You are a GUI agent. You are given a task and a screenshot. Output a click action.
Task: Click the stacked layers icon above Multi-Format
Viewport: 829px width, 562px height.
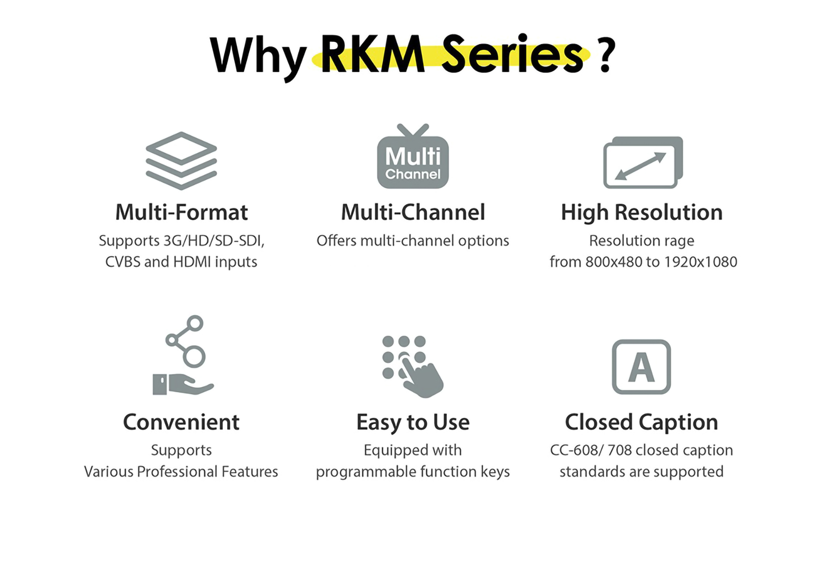click(x=181, y=161)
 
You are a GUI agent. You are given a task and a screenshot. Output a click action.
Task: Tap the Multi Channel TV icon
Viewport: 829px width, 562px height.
click(x=413, y=158)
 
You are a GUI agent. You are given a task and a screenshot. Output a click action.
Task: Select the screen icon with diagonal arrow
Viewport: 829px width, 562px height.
click(x=642, y=163)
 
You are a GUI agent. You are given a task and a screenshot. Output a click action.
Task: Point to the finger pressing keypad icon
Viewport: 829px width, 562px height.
click(x=413, y=366)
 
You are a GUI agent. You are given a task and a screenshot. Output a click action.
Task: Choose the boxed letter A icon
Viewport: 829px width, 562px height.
click(x=641, y=366)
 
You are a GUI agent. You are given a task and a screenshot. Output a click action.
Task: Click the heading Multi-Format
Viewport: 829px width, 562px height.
click(x=181, y=212)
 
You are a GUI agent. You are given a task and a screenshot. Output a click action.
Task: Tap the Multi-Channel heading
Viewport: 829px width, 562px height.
click(x=413, y=212)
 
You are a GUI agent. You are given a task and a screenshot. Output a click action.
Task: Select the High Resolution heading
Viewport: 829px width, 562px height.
click(x=642, y=212)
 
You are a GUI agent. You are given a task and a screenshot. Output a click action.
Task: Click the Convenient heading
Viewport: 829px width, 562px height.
click(x=181, y=422)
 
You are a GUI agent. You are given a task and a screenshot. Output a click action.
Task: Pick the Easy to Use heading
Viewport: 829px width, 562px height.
click(x=413, y=422)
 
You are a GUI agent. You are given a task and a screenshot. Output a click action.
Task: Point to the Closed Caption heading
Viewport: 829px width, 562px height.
click(x=641, y=422)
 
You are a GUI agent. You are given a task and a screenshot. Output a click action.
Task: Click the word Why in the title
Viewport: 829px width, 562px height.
click(x=257, y=56)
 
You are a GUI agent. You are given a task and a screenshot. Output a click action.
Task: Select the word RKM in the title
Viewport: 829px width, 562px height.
click(x=373, y=54)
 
